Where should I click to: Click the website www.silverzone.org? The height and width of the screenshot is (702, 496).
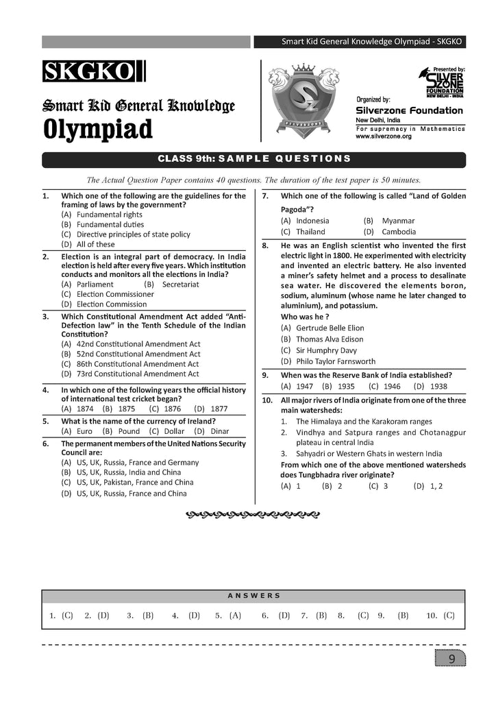(x=384, y=136)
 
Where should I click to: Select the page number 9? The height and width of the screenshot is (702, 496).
(x=451, y=659)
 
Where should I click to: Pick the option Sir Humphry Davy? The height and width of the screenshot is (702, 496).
(x=325, y=350)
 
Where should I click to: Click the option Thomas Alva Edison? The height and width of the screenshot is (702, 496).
(x=329, y=339)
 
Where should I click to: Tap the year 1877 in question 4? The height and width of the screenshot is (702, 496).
(x=219, y=409)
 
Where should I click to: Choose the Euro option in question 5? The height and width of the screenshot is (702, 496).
(x=84, y=431)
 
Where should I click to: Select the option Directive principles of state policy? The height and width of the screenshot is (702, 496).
(x=133, y=234)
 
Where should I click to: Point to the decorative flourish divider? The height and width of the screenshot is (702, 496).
(x=253, y=513)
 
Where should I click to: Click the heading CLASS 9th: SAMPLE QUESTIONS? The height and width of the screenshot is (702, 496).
(x=254, y=159)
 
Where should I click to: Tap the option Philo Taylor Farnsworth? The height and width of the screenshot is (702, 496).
(x=335, y=361)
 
